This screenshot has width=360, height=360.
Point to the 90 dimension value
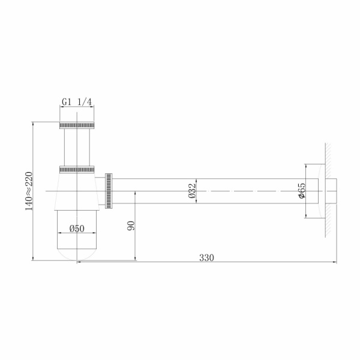[x=131, y=226]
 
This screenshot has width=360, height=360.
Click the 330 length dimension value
[x=206, y=257]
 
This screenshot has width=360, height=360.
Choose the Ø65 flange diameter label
[x=302, y=190]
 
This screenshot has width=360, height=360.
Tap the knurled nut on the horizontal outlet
[x=109, y=191]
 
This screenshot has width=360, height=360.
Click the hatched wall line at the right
[x=328, y=190]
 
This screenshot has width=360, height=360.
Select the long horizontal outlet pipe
[x=216, y=190]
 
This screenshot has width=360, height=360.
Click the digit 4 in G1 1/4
[x=89, y=102]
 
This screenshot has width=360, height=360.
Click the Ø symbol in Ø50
[x=71, y=229]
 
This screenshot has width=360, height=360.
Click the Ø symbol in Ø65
[x=302, y=196]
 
